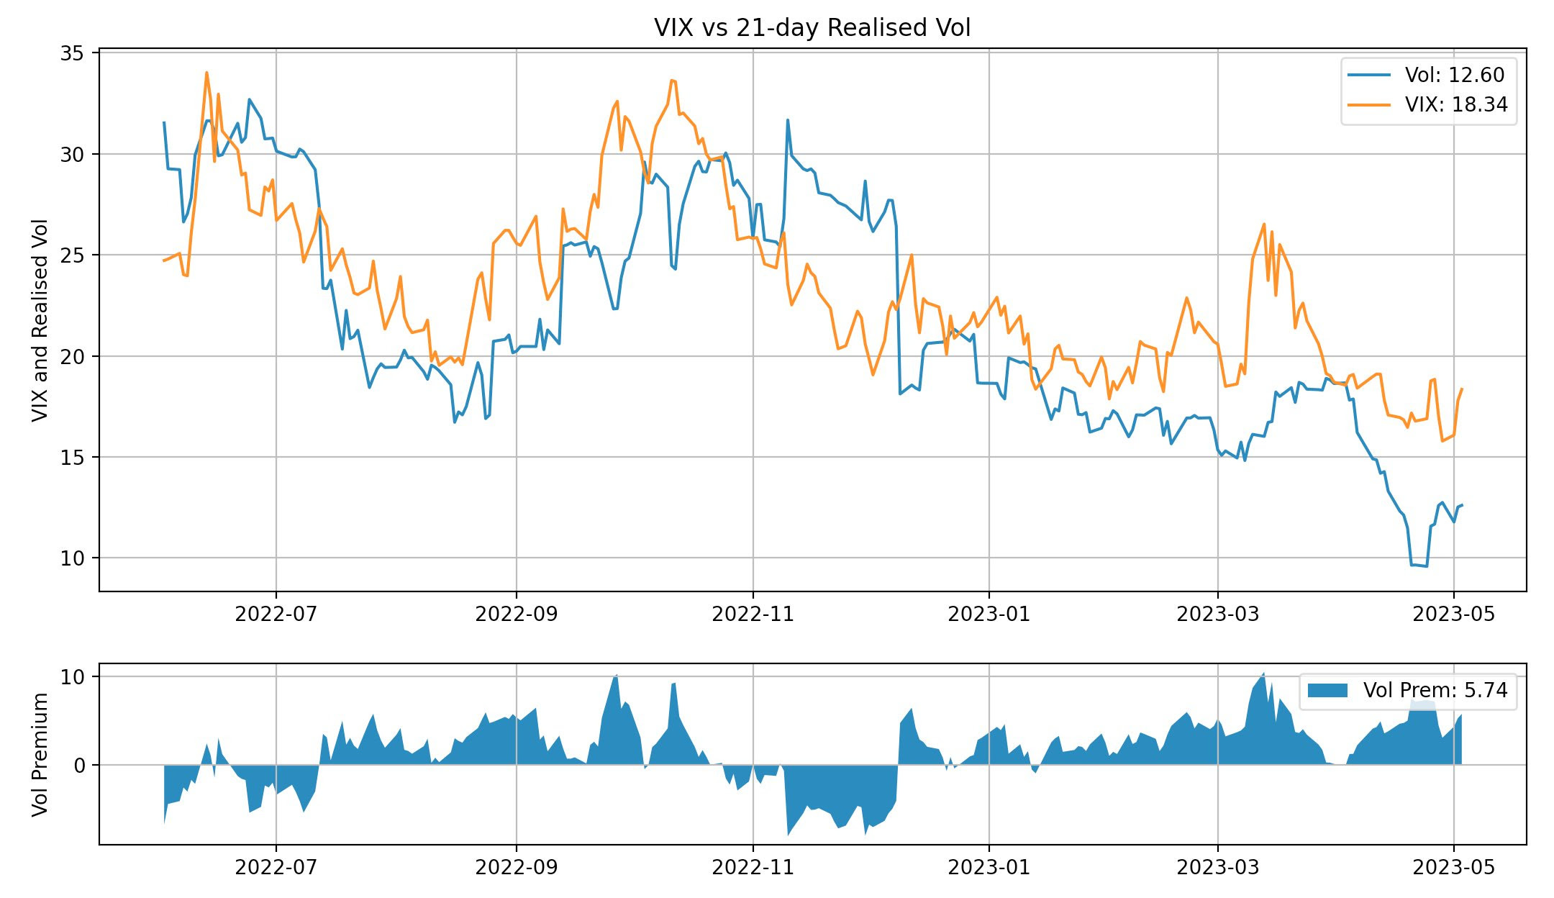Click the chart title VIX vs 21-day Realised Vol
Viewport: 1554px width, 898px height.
click(812, 28)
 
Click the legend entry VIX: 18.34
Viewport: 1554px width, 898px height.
click(1455, 105)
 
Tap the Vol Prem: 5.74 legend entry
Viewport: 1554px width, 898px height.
click(1435, 690)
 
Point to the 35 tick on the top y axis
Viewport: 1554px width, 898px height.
click(72, 54)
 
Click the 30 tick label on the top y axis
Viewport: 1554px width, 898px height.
click(72, 155)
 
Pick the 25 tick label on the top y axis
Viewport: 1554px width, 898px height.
click(72, 255)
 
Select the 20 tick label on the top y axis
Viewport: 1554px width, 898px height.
click(72, 357)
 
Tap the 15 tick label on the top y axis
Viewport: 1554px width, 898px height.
click(72, 458)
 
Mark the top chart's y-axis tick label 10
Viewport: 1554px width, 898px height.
click(72, 558)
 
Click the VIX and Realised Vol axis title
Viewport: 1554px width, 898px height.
click(40, 320)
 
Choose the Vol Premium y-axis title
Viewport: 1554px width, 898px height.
click(40, 754)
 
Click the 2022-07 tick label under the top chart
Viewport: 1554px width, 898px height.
click(276, 614)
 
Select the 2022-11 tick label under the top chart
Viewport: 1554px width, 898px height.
click(753, 614)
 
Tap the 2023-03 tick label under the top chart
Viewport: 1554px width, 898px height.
click(1218, 614)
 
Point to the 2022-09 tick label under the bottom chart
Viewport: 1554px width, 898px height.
click(516, 867)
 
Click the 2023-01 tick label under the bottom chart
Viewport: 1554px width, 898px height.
click(989, 867)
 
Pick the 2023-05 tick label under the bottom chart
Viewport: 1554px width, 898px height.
click(1454, 867)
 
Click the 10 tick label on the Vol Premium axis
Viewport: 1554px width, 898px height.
click(72, 677)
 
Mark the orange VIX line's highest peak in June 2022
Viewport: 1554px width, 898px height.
click(206, 73)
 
